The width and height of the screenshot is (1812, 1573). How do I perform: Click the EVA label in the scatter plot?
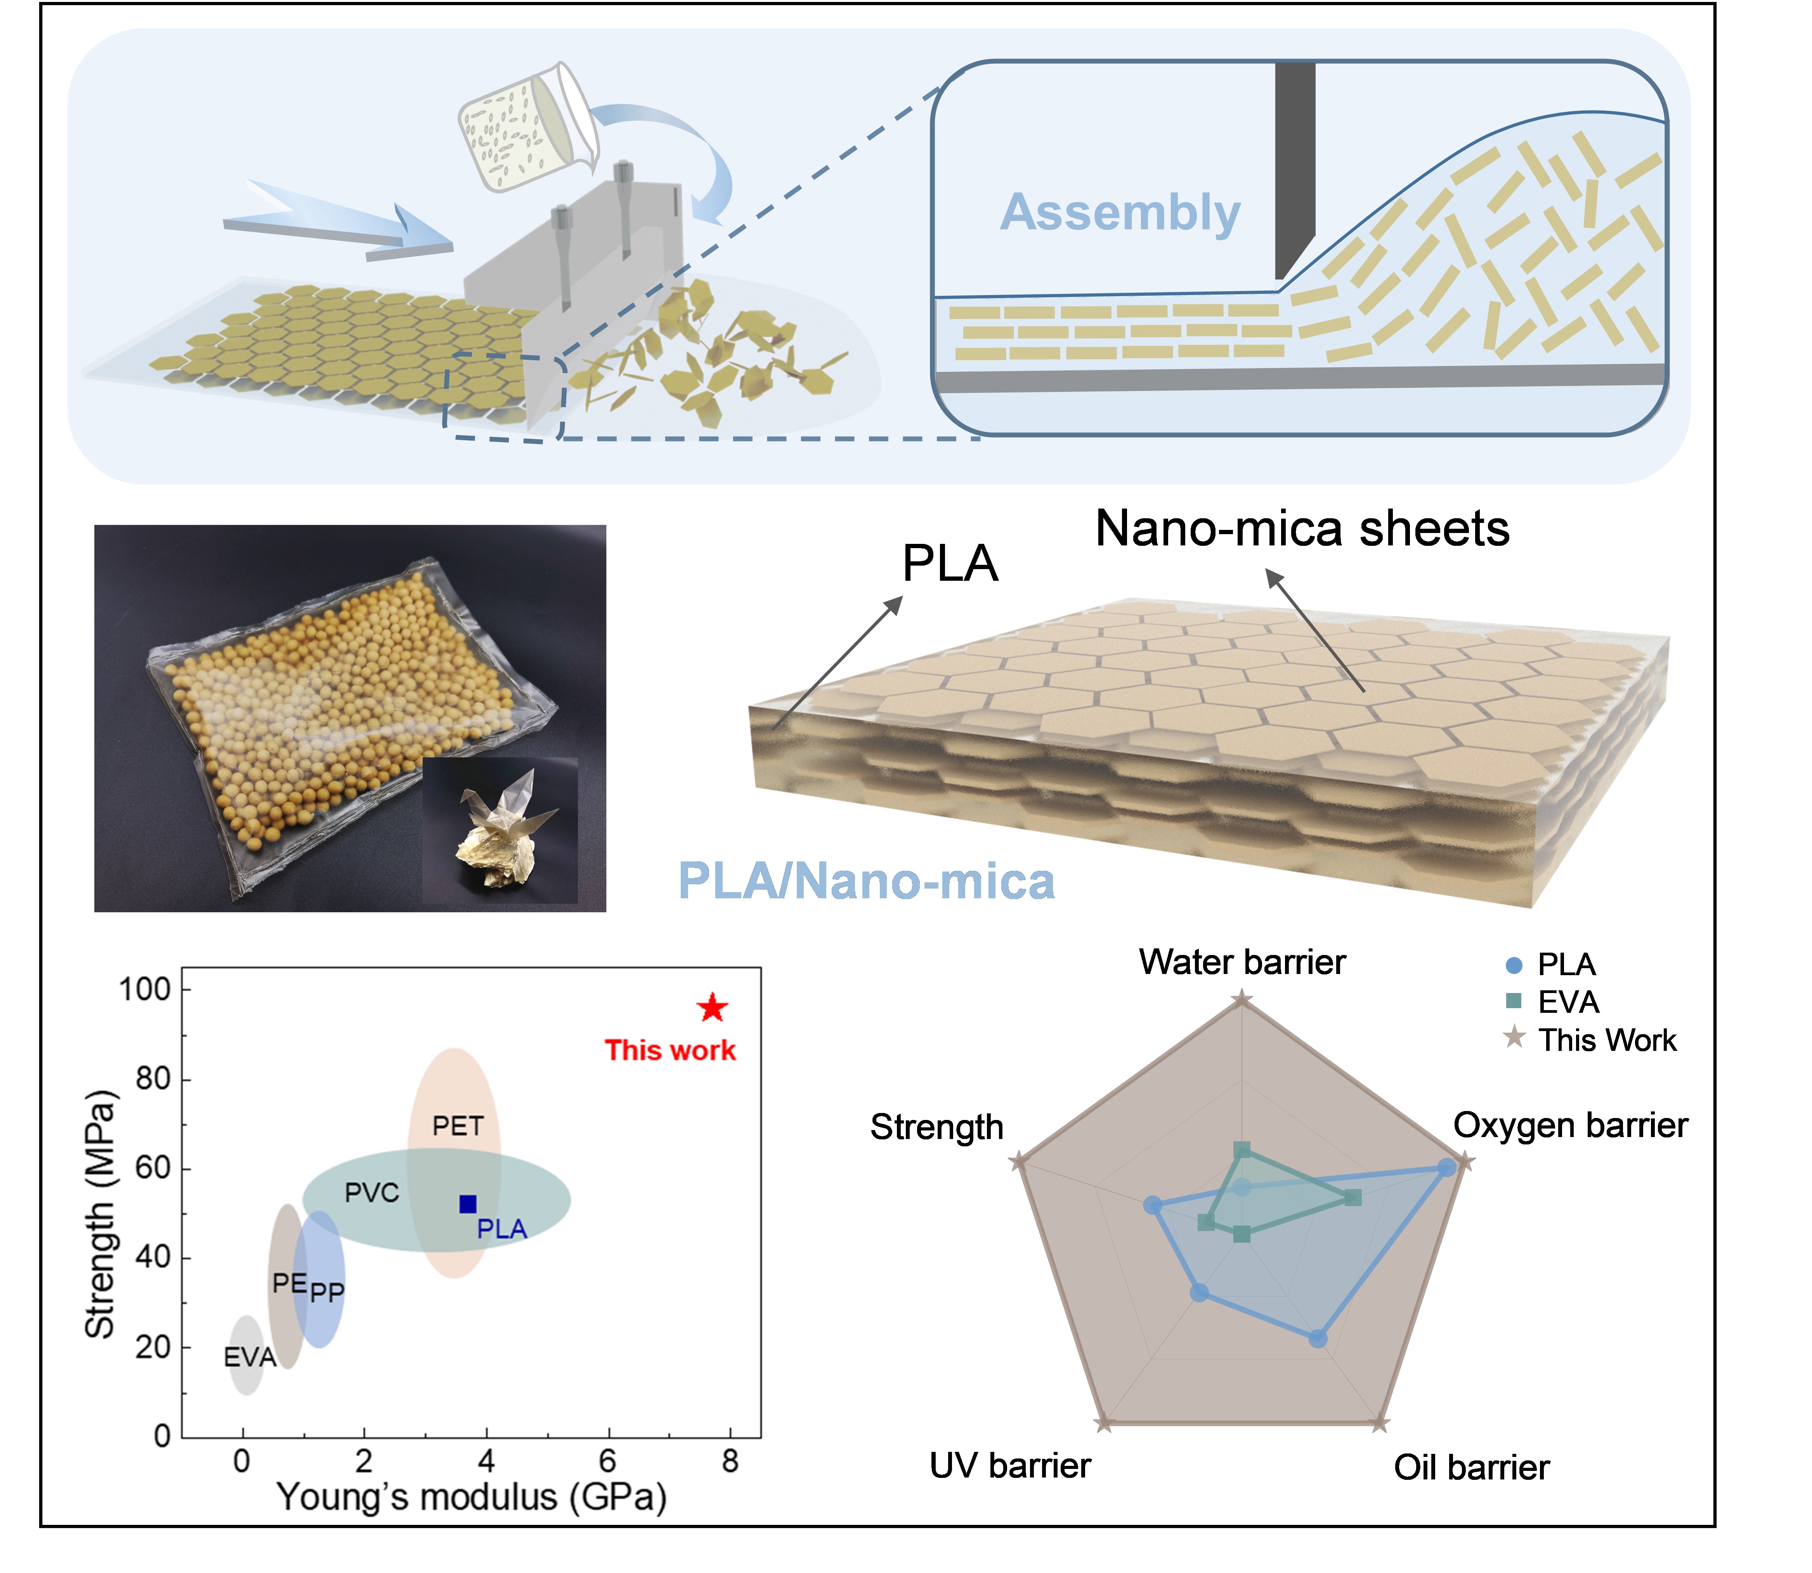click(x=249, y=1357)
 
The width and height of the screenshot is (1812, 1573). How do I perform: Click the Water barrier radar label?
click(x=1242, y=962)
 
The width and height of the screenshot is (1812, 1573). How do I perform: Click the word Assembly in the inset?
click(x=1120, y=212)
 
